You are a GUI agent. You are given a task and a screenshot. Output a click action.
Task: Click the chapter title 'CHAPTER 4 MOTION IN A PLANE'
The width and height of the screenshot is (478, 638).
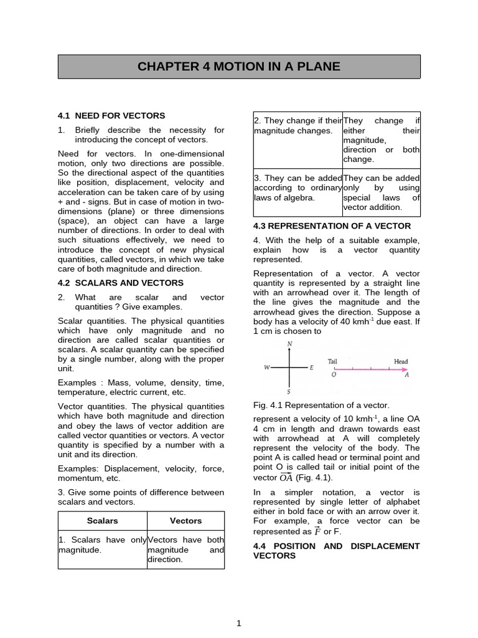click(239, 66)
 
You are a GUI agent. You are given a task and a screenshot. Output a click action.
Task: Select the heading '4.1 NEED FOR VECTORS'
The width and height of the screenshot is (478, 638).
click(111, 115)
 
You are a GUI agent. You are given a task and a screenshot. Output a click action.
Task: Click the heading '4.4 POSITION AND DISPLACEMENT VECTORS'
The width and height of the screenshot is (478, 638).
click(336, 550)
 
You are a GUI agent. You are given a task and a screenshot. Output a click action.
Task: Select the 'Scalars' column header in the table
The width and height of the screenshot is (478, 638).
click(103, 520)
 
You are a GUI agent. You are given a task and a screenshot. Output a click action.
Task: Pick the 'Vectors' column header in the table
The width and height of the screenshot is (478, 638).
click(185, 520)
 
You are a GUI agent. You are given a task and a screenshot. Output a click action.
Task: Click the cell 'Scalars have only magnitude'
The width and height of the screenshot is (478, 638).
click(103, 545)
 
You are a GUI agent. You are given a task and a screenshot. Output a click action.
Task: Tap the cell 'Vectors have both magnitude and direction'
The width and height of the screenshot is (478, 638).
click(185, 549)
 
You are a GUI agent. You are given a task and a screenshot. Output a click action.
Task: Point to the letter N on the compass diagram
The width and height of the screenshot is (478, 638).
click(289, 344)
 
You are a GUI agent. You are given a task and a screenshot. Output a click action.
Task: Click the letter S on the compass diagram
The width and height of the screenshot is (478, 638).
click(289, 392)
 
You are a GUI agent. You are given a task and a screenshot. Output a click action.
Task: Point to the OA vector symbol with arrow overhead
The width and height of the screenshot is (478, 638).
click(286, 477)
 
